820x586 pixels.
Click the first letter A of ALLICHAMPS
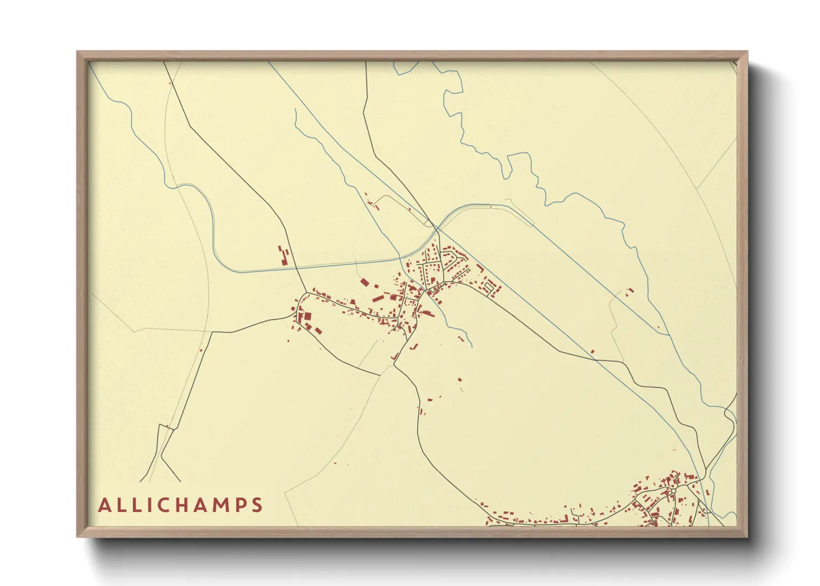105,505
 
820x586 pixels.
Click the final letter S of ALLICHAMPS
257,505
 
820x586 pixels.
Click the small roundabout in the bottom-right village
673,491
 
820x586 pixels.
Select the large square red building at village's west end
307,316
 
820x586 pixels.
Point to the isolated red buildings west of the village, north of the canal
284,255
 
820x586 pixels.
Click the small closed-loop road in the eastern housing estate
488,287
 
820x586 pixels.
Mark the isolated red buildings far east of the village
629,291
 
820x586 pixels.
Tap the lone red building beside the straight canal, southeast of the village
592,351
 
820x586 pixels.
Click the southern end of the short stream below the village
471,347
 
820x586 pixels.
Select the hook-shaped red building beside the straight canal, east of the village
480,269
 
